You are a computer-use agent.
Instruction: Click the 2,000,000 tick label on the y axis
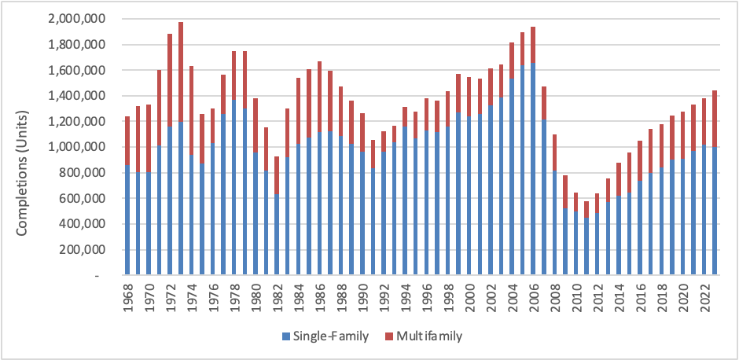pyautogui.click(x=74, y=18)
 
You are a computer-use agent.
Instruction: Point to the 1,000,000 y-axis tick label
pyautogui.click(x=74, y=147)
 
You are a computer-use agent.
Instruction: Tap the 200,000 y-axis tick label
pyautogui.click(x=79, y=250)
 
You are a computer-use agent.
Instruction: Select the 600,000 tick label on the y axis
pyautogui.click(x=79, y=198)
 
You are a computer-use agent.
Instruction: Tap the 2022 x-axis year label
pyautogui.click(x=704, y=298)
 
